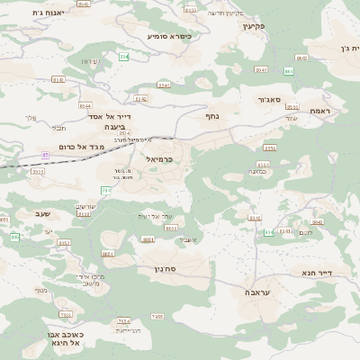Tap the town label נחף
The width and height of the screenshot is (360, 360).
coord(212,115)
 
